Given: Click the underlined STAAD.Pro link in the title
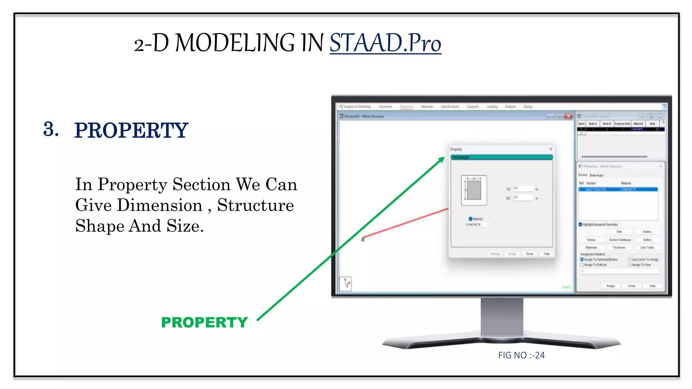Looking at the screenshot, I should point(385,43).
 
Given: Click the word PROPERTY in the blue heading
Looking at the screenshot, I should point(131,130).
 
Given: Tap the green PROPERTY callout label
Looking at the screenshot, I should point(204,322).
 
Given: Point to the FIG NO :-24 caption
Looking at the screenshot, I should point(521,355).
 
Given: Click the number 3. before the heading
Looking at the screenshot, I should point(51,129).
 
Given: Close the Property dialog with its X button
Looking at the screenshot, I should point(551,149).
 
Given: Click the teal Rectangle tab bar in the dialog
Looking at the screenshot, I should point(502,157).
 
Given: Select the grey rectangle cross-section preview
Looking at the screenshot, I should point(474,190).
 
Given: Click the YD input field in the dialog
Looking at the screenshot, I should point(523,188).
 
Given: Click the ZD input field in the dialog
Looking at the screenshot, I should point(523,198).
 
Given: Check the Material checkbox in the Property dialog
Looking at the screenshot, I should point(470,219).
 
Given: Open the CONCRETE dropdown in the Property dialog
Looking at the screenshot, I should point(477,225).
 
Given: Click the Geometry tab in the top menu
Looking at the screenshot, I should point(385,107).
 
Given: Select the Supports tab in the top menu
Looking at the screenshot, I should point(473,107).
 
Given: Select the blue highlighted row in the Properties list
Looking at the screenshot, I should point(618,189).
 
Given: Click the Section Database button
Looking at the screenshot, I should point(620,240).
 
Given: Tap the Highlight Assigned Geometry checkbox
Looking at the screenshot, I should point(580,224).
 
